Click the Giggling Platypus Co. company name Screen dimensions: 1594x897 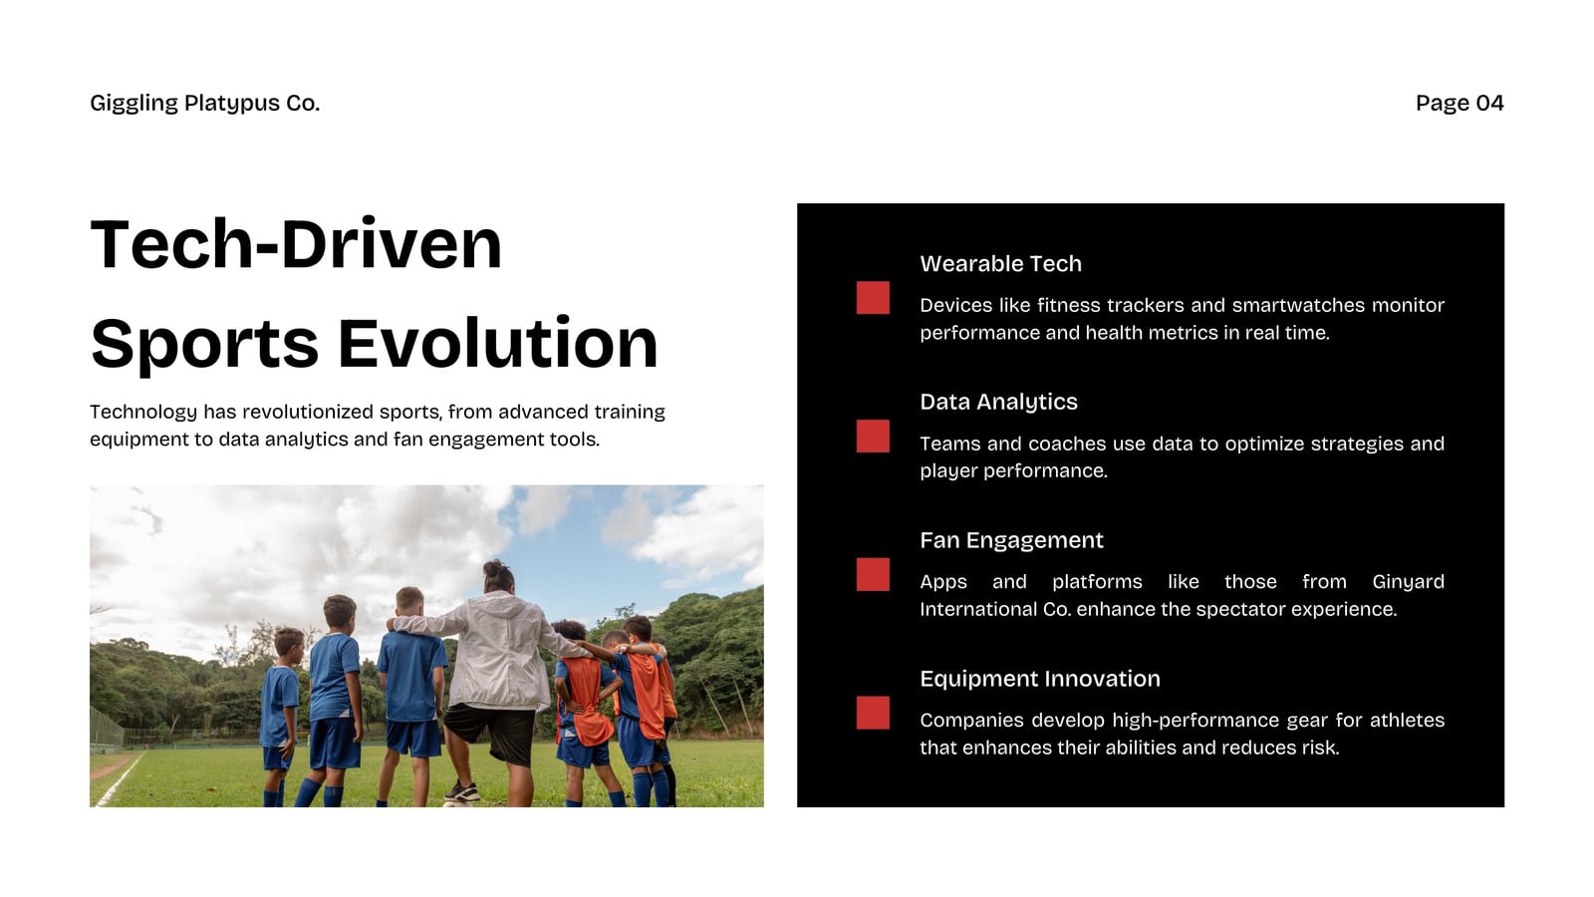click(205, 104)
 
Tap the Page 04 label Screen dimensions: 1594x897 click(1460, 104)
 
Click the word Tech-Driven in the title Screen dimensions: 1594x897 click(296, 244)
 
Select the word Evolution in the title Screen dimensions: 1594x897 click(497, 344)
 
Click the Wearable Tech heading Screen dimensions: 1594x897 click(1000, 263)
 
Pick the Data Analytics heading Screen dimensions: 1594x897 click(998, 403)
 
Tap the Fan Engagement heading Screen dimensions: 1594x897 click(1011, 540)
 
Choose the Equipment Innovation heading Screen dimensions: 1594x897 click(1040, 679)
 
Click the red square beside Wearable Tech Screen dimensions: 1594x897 click(873, 298)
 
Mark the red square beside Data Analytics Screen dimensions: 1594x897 click(873, 436)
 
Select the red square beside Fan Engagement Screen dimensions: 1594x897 click(873, 574)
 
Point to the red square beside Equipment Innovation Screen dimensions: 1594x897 click(873, 713)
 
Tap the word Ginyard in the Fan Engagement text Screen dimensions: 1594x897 click(1409, 582)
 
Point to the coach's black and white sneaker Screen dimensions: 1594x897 click(462, 791)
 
